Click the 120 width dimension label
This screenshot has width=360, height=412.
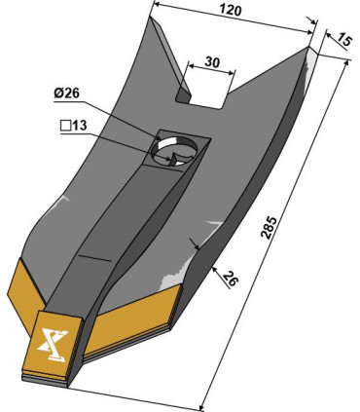click(231, 11)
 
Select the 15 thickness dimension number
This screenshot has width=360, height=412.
click(342, 41)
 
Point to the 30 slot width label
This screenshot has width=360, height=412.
click(212, 62)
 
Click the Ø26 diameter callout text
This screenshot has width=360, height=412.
click(67, 94)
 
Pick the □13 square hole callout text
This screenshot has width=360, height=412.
click(74, 126)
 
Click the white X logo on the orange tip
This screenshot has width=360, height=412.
click(53, 345)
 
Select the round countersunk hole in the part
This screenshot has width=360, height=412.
click(174, 150)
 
